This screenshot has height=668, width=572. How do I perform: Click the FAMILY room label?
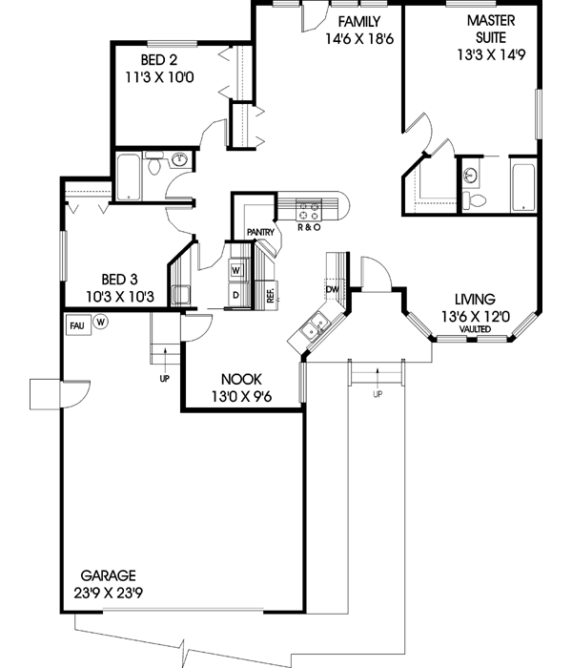tap(358, 22)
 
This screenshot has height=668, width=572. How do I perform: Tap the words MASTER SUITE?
tap(492, 29)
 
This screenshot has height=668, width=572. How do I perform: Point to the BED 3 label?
tap(120, 280)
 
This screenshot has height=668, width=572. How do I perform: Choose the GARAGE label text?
tap(108, 576)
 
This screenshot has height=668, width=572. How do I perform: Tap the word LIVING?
tap(474, 299)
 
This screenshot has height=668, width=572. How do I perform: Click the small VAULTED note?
tap(474, 329)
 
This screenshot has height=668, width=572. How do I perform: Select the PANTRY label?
tap(260, 232)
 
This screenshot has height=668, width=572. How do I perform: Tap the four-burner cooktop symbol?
tap(310, 205)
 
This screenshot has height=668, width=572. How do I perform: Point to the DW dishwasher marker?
tap(333, 288)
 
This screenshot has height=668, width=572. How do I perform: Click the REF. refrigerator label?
tap(271, 296)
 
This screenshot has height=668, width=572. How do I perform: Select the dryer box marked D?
tap(236, 296)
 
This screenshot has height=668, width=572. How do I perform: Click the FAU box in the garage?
tap(77, 324)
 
